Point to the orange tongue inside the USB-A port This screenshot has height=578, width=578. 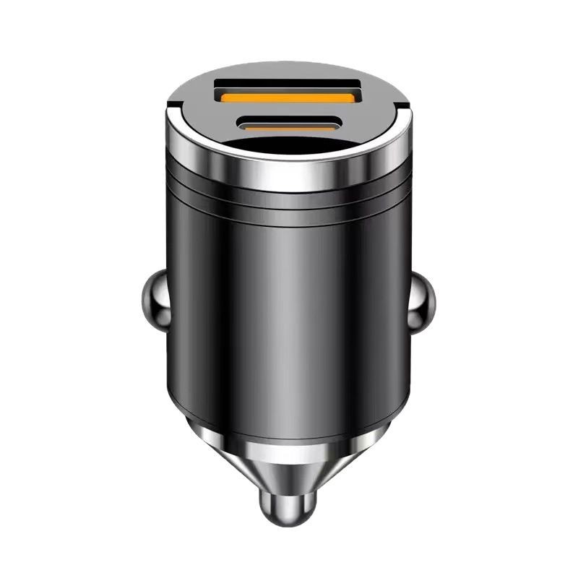coord(288,96)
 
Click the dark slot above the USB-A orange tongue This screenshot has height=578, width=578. coord(288,85)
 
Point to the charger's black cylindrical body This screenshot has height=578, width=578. coord(289,303)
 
